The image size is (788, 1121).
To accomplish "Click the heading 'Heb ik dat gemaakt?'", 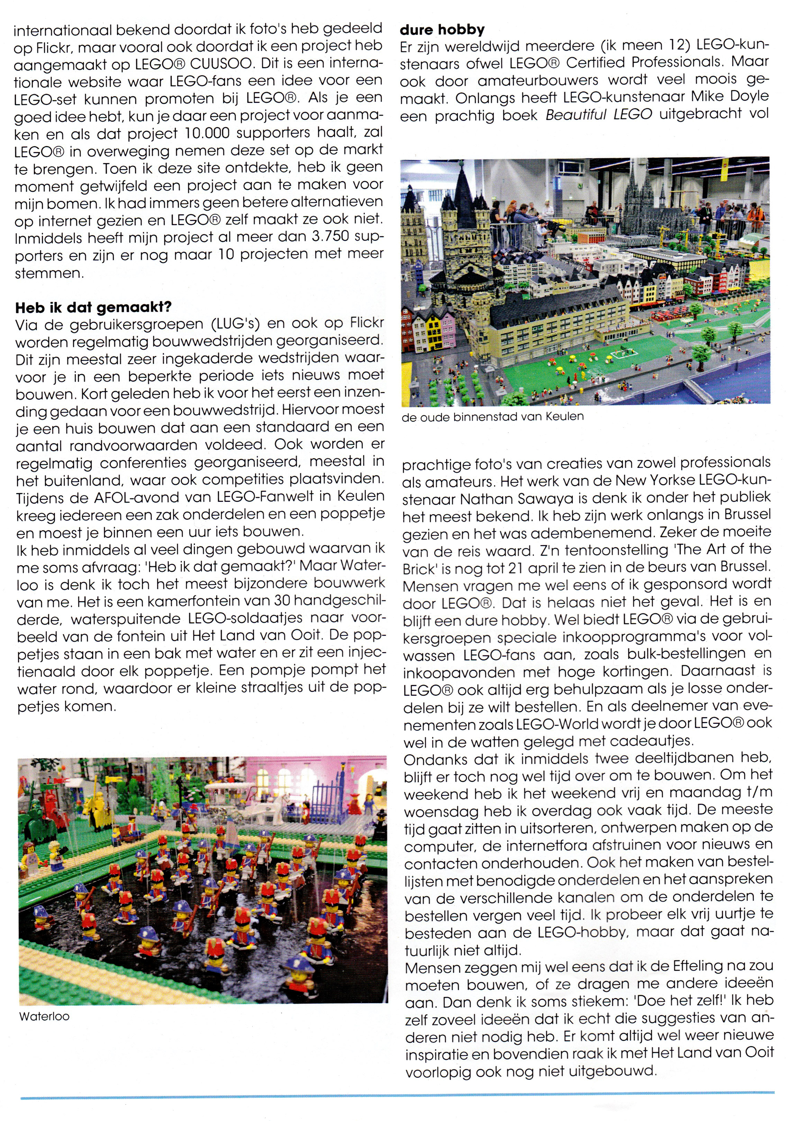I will click(x=93, y=307).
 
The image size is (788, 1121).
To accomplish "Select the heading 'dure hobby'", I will click(x=442, y=30).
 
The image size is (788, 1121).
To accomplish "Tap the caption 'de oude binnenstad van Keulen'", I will click(x=492, y=417).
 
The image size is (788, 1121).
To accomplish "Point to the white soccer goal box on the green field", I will click(x=623, y=353).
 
